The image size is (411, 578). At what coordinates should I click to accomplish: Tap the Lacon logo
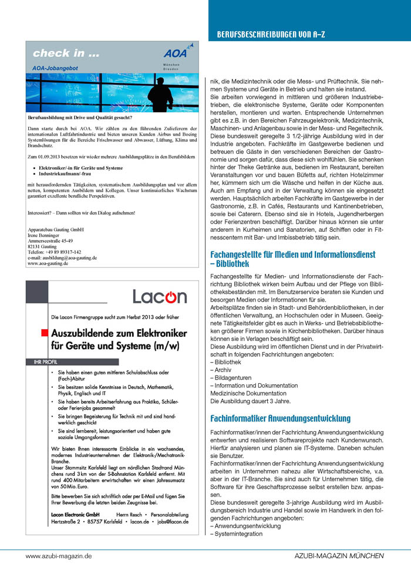click(159, 296)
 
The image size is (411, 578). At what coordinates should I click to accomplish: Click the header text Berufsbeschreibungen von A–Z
click(271, 35)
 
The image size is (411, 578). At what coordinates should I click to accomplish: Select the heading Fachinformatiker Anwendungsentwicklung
click(280, 418)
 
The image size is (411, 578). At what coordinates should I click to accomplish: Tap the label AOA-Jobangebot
click(59, 69)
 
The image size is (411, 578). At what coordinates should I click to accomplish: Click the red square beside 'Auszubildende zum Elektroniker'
click(44, 333)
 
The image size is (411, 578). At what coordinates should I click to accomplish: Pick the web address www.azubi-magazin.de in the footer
click(59, 555)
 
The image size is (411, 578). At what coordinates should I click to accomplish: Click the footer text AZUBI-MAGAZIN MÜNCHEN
click(339, 555)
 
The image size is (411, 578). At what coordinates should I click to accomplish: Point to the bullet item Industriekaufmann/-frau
click(72, 175)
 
